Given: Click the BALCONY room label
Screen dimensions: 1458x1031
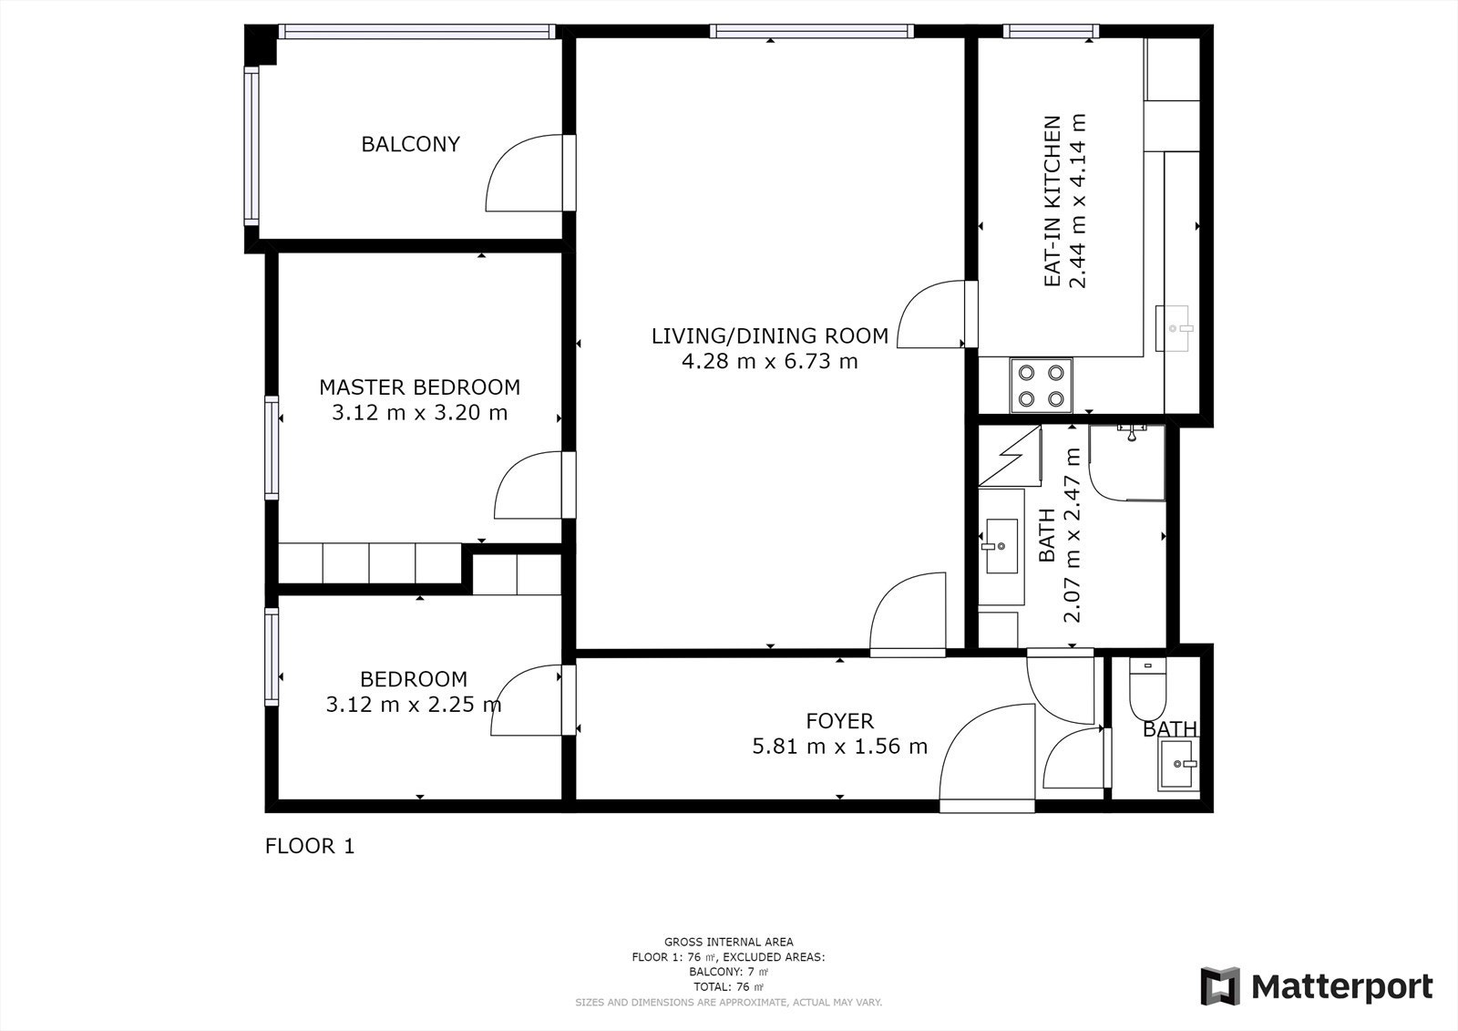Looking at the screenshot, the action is [x=411, y=144].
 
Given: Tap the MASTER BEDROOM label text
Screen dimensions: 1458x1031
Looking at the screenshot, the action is [x=420, y=387].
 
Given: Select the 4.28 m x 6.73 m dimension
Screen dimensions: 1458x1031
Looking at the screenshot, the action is [x=770, y=361].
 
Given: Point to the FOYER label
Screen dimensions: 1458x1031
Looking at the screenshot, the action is [x=839, y=721].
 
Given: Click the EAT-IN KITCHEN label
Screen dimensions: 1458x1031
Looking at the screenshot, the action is [x=1052, y=201].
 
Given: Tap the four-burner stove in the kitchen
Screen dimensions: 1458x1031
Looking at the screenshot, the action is [x=1042, y=386].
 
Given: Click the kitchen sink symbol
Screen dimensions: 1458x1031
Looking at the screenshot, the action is [x=1175, y=329].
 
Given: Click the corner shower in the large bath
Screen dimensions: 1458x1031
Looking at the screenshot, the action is [x=1126, y=462].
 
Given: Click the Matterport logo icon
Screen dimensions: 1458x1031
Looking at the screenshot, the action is [x=1220, y=986].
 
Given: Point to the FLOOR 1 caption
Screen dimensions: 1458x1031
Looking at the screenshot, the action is [x=310, y=846].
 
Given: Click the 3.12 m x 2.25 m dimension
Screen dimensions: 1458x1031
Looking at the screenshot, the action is [x=414, y=705].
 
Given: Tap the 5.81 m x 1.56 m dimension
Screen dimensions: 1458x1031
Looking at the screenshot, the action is [x=839, y=747].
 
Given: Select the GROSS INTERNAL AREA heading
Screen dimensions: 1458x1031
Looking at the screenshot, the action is [x=728, y=942].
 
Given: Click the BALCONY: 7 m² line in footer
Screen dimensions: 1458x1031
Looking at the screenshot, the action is [x=728, y=972].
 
